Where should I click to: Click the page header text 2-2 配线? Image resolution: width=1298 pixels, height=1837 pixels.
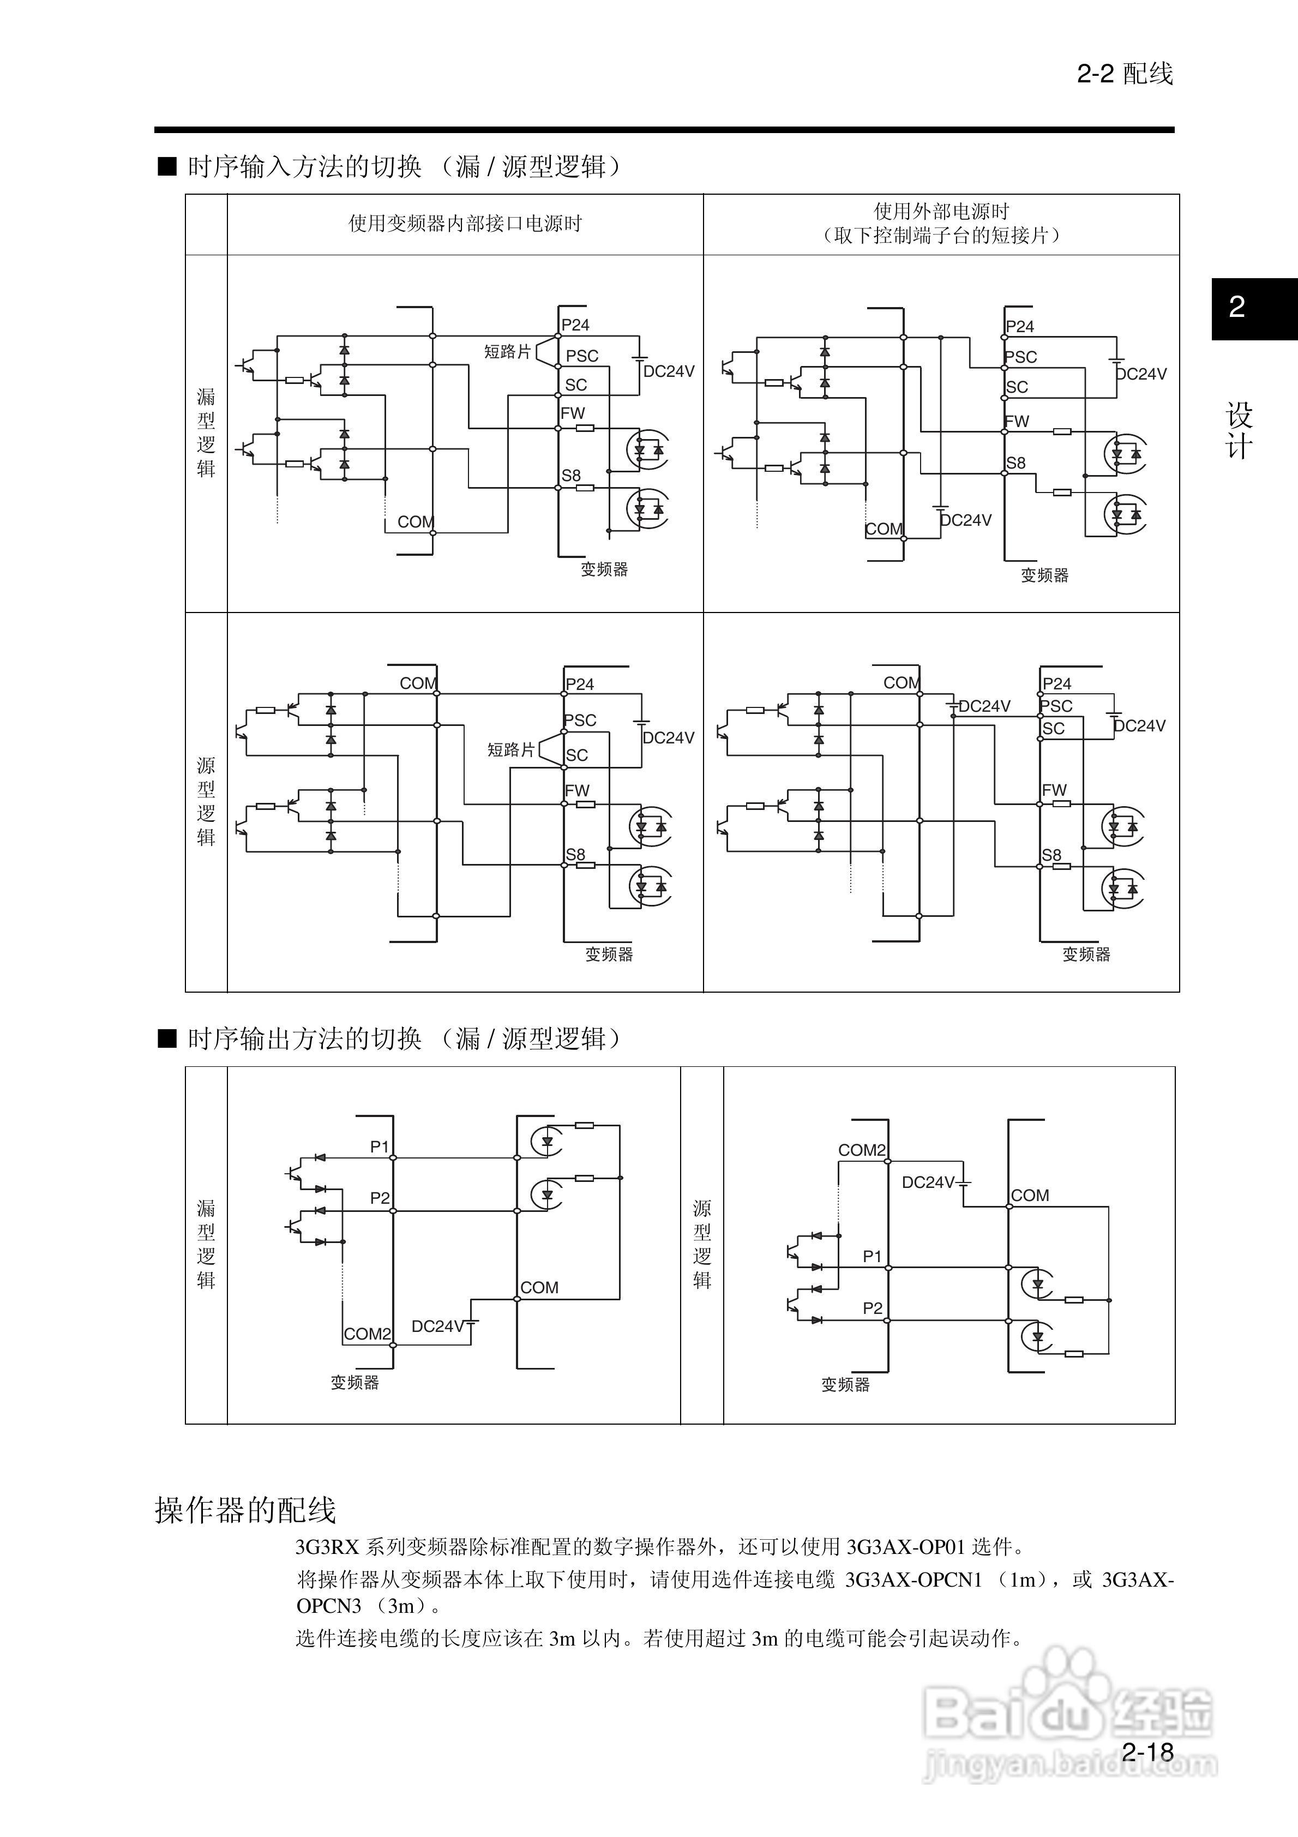[1125, 74]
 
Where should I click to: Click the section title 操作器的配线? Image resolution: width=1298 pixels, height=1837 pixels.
[245, 1510]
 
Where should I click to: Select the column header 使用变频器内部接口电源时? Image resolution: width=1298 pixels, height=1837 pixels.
[465, 224]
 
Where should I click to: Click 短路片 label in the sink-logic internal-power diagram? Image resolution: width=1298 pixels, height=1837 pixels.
[507, 352]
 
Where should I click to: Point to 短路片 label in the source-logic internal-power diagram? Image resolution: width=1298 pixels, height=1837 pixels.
[510, 749]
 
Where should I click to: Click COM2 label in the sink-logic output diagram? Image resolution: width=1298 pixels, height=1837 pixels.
[368, 1334]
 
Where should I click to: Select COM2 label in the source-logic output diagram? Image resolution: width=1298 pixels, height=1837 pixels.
[861, 1150]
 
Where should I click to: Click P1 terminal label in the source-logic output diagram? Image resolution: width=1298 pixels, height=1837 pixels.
[872, 1256]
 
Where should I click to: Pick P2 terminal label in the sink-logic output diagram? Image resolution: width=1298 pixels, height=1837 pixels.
[380, 1198]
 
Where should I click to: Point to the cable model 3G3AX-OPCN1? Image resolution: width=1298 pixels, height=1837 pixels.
[913, 1580]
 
